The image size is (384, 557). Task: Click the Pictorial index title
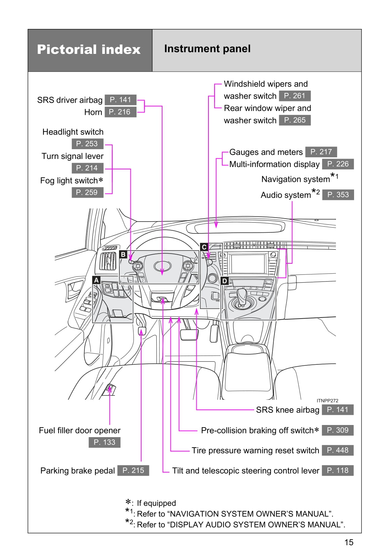pos(89,50)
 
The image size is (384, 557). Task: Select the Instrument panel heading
pos(207,49)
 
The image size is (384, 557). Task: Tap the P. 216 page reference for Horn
pos(120,112)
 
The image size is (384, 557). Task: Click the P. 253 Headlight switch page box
pos(87,144)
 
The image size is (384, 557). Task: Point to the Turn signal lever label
pos(72,156)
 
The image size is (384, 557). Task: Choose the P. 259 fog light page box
pos(87,192)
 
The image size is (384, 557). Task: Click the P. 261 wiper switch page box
pos(295,96)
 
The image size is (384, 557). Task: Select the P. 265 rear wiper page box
pos(295,120)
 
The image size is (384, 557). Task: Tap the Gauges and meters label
pos(266,152)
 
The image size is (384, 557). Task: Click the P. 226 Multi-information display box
pos(338,164)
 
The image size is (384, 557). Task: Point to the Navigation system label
pos(296,179)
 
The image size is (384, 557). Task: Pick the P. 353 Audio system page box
pos(338,195)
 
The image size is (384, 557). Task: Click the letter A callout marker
pos(97,280)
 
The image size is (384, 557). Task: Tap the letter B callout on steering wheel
pos(123,255)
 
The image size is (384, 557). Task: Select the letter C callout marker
pos(204,247)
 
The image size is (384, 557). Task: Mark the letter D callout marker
pos(225,281)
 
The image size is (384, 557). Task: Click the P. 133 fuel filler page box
pos(104,442)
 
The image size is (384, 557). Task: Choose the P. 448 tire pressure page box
pos(338,450)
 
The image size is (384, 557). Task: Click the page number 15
pos(349,542)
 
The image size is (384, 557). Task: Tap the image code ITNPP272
pos(327,401)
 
